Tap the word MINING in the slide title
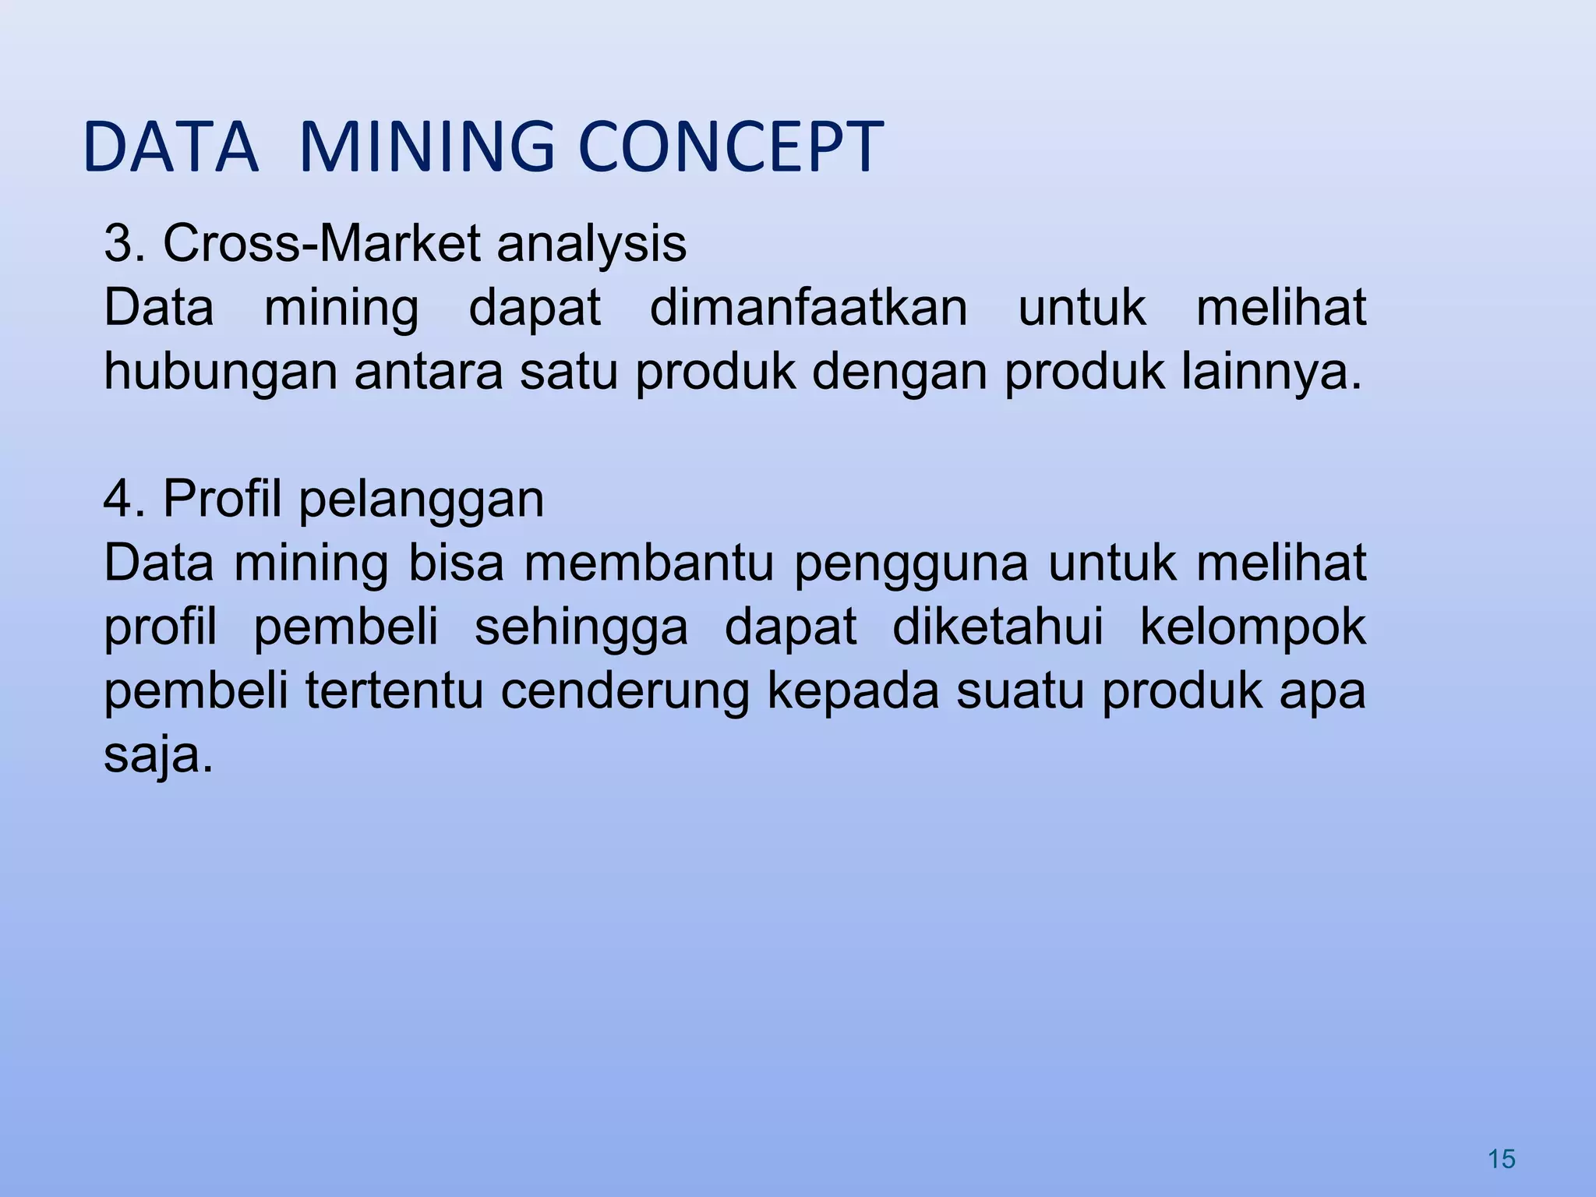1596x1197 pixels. tap(426, 147)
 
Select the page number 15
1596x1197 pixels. tap(1501, 1160)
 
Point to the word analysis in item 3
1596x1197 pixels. tap(591, 245)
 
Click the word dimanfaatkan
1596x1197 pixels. tap(808, 307)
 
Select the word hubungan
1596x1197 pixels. tap(221, 373)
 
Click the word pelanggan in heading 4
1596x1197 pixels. tap(421, 500)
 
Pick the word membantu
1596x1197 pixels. tap(648, 563)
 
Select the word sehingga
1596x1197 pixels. tap(581, 628)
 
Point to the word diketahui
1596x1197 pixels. tap(997, 627)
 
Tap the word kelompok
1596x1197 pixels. tap(1253, 628)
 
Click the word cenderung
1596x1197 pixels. tap(624, 692)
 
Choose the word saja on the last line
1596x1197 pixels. tap(158, 756)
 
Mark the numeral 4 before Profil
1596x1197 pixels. tap(117, 499)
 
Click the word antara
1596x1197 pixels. tap(429, 373)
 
